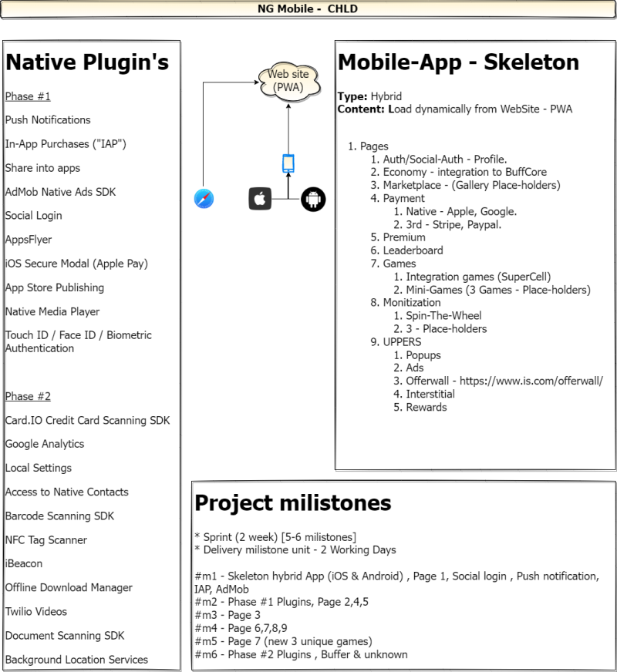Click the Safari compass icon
pyautogui.click(x=204, y=199)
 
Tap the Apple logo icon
pyautogui.click(x=260, y=199)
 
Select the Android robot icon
pyautogui.click(x=313, y=200)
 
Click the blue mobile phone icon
pyautogui.click(x=288, y=163)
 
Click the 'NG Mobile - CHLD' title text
pyautogui.click(x=308, y=9)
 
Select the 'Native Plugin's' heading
pyautogui.click(x=87, y=62)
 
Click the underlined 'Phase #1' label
pyautogui.click(x=28, y=96)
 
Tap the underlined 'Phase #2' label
pyautogui.click(x=28, y=396)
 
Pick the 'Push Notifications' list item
pyautogui.click(x=48, y=120)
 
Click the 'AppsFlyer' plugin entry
pyautogui.click(x=29, y=240)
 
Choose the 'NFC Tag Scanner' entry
pyautogui.click(x=46, y=540)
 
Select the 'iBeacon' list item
pyautogui.click(x=24, y=563)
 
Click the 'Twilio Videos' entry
pyautogui.click(x=36, y=612)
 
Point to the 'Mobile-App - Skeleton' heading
pyautogui.click(x=458, y=62)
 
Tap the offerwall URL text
pyautogui.click(x=531, y=381)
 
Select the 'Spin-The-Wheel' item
pyautogui.click(x=443, y=316)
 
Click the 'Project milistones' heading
pyautogui.click(x=293, y=502)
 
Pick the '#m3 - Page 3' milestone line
pyautogui.click(x=228, y=616)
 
